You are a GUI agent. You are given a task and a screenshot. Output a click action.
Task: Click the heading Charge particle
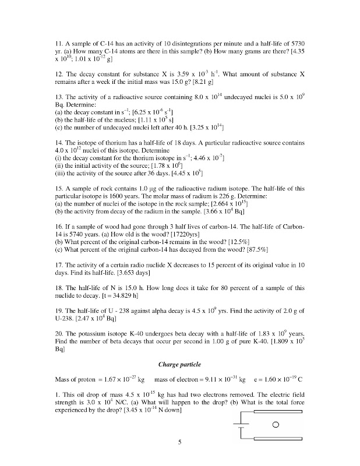point(179,364)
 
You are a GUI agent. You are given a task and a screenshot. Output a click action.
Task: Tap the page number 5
point(180,443)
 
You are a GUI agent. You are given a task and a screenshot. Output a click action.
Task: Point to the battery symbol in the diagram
point(241,425)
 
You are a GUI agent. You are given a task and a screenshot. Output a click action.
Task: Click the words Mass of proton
point(76,379)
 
